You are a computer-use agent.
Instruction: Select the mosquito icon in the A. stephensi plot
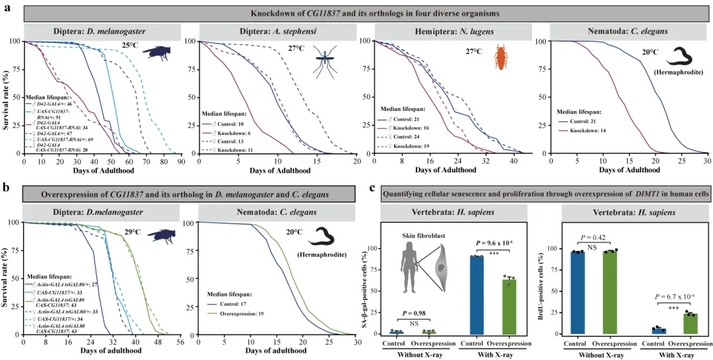click(x=325, y=57)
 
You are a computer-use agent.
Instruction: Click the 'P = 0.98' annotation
click(x=414, y=312)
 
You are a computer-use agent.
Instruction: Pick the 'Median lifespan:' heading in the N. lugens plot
click(x=406, y=109)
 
